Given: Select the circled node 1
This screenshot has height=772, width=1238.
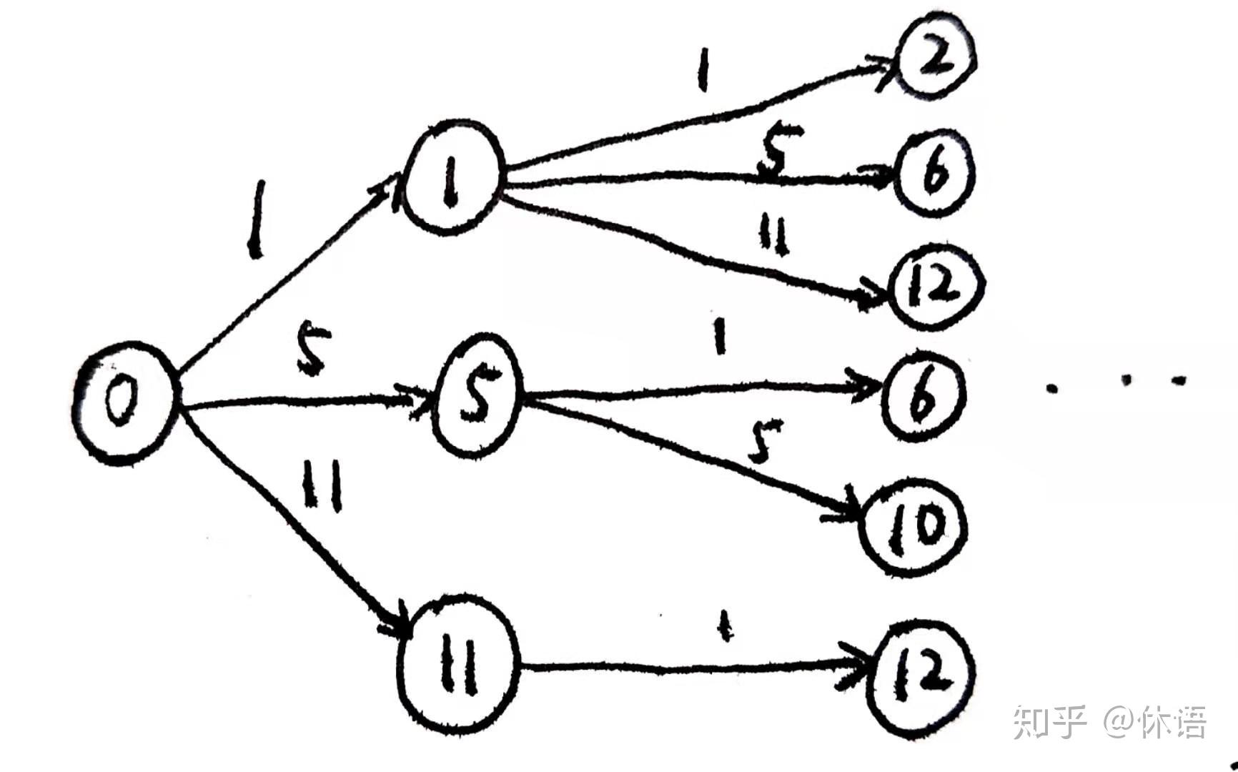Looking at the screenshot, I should point(452,177).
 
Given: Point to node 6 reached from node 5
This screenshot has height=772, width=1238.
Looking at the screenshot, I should point(923,395).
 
